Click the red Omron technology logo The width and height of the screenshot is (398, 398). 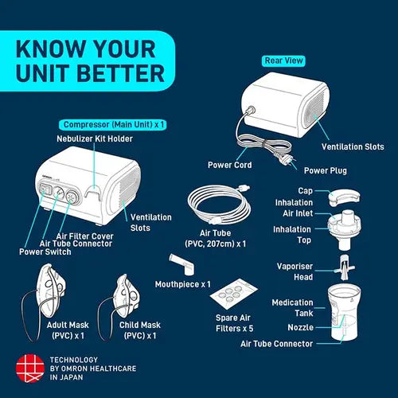pyautogui.click(x=30, y=369)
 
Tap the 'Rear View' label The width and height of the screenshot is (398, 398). pyautogui.click(x=283, y=60)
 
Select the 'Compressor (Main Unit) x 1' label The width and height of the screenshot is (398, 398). pyautogui.click(x=113, y=125)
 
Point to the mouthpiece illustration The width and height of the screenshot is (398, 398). pyautogui.click(x=181, y=265)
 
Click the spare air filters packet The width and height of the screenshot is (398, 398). pyautogui.click(x=233, y=294)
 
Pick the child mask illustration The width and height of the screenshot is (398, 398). pyautogui.click(x=121, y=305)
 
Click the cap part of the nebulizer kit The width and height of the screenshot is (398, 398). pyautogui.click(x=344, y=198)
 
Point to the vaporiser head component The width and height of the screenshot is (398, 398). pyautogui.click(x=345, y=267)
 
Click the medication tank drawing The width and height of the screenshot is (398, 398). pyautogui.click(x=344, y=312)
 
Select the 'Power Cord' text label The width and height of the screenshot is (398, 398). pyautogui.click(x=230, y=165)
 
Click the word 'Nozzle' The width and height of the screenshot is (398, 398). pyautogui.click(x=300, y=327)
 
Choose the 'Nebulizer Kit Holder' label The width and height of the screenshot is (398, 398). pyautogui.click(x=95, y=139)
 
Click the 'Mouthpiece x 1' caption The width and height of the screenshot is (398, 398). pyautogui.click(x=183, y=284)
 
